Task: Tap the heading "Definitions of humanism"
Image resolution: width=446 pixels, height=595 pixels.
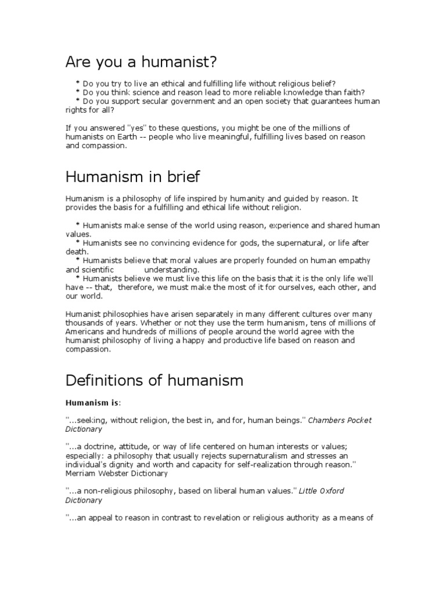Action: point(154,381)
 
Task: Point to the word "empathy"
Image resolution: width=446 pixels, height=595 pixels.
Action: point(354,261)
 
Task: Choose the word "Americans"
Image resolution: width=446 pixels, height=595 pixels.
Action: point(85,332)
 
